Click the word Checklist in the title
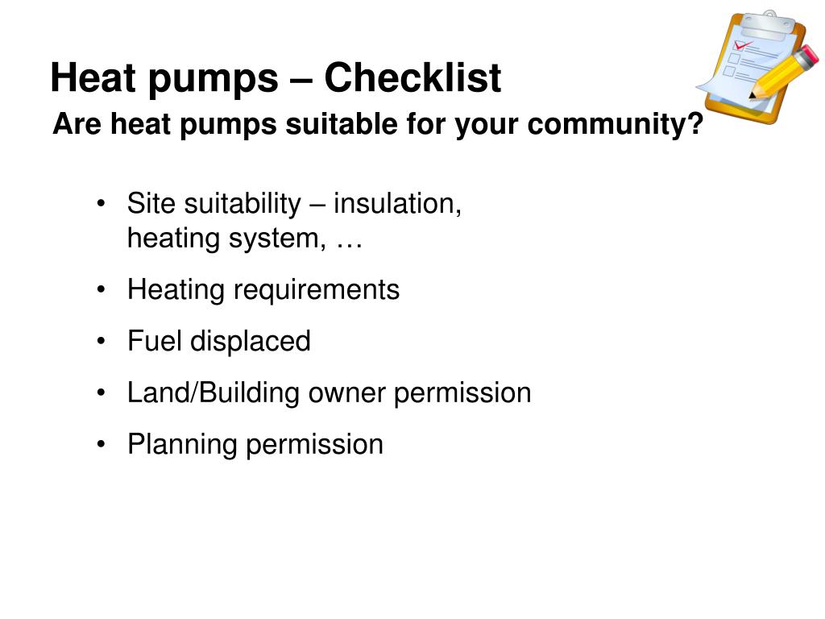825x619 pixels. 412,78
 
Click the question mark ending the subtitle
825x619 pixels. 695,123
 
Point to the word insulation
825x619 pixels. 397,203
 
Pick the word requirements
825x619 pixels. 316,290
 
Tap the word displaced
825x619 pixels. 251,341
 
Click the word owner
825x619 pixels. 346,393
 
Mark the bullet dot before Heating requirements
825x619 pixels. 102,290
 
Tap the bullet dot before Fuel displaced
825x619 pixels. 102,341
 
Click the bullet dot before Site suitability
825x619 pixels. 102,204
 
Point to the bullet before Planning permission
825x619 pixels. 102,444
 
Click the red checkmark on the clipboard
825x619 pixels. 742,45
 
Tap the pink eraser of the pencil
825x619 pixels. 809,55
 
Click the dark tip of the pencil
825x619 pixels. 752,96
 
